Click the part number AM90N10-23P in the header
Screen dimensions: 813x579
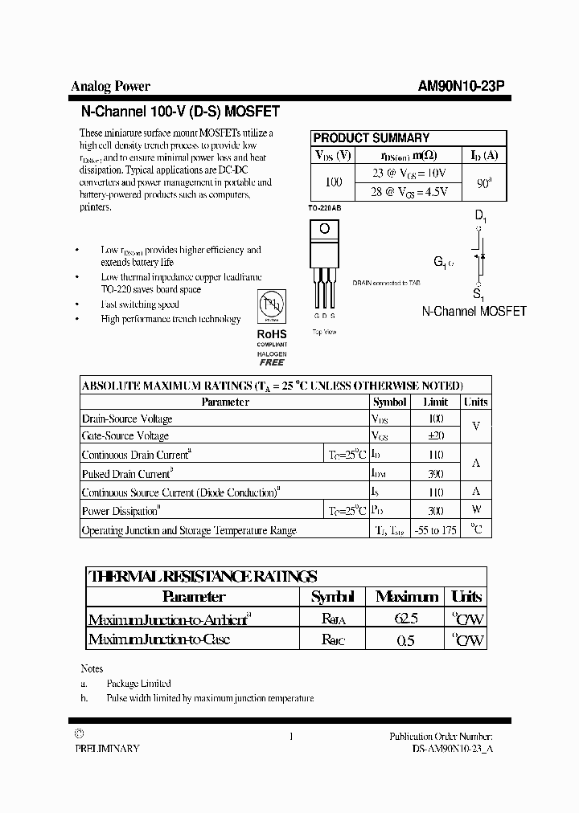point(461,87)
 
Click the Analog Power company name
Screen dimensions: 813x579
point(110,87)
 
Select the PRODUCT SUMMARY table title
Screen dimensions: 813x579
point(371,137)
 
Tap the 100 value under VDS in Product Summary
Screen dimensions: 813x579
point(333,182)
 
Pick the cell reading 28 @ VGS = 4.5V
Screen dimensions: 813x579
point(408,191)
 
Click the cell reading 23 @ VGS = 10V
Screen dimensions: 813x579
point(408,173)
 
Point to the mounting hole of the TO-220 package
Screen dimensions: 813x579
point(324,229)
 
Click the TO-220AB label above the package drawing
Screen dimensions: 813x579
point(324,208)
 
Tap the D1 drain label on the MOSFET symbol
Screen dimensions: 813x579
point(480,216)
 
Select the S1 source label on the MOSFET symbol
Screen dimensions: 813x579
point(478,294)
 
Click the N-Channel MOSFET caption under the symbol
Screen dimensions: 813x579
point(474,311)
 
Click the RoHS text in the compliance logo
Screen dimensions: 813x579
point(271,334)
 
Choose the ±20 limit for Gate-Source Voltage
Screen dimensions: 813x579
point(436,435)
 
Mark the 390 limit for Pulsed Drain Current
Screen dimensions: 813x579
point(436,474)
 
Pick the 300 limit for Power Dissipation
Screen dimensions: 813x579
point(436,510)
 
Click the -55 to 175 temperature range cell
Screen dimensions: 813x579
point(436,530)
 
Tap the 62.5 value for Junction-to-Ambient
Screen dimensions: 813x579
point(407,619)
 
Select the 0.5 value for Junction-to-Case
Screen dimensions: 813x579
point(407,640)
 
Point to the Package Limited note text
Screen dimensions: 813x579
point(138,683)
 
